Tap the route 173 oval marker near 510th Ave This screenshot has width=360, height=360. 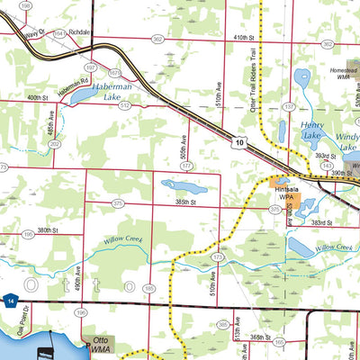[218, 257]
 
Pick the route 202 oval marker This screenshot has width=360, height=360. [55, 143]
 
